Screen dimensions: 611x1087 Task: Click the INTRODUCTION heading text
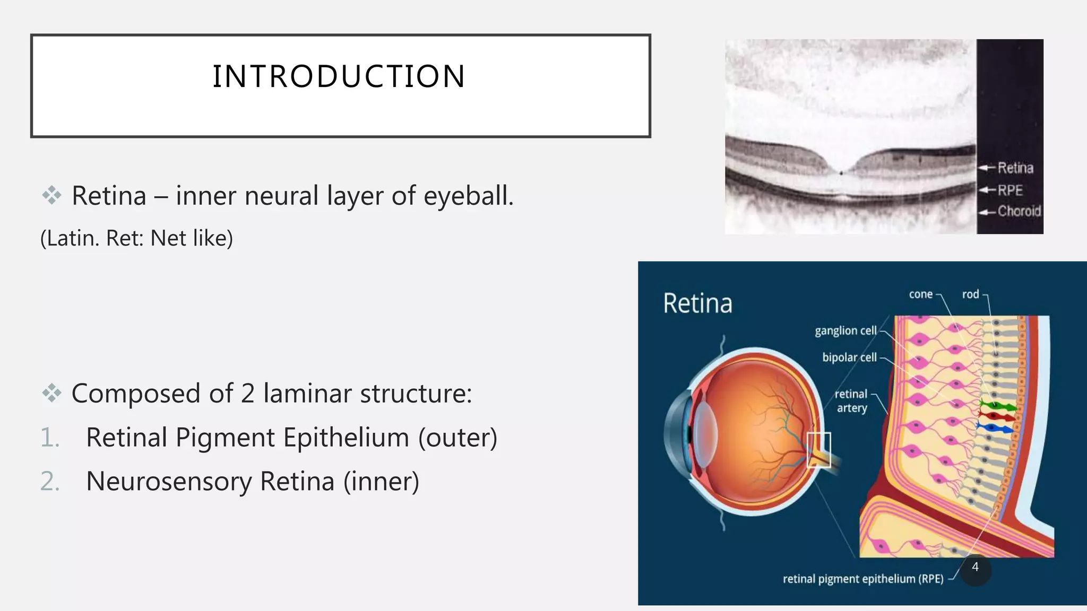click(339, 76)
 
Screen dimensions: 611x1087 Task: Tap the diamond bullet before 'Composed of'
click(51, 394)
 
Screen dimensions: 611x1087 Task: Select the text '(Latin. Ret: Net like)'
click(136, 238)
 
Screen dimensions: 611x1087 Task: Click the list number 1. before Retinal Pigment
click(50, 438)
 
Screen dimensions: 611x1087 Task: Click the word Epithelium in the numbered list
click(346, 438)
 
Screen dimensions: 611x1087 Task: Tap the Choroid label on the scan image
click(1019, 211)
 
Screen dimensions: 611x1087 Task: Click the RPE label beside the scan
click(1010, 190)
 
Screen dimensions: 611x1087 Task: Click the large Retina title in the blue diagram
click(697, 303)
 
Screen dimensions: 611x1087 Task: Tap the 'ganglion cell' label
click(846, 330)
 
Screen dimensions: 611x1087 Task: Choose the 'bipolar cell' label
click(849, 357)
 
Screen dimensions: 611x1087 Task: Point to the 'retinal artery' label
click(851, 401)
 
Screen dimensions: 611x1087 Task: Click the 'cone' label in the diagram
click(920, 294)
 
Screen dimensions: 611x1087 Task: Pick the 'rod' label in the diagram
click(970, 294)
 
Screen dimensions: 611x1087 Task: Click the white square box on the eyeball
click(818, 450)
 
